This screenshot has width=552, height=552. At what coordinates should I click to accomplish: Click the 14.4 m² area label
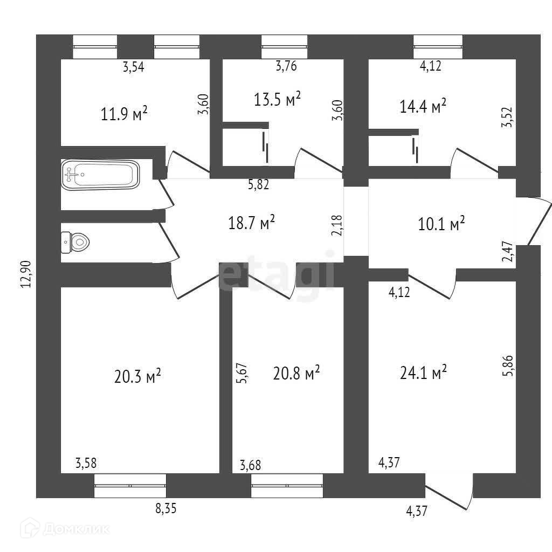(x=423, y=106)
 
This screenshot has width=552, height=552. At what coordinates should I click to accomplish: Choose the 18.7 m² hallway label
(x=252, y=222)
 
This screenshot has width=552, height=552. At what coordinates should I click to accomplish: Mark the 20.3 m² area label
(x=138, y=376)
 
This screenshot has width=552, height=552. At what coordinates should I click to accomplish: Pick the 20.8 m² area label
(x=297, y=372)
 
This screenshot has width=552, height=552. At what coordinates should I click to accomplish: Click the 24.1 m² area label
(x=424, y=372)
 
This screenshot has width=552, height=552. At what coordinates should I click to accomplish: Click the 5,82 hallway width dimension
(x=258, y=185)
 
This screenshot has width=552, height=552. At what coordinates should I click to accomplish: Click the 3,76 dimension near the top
(x=286, y=67)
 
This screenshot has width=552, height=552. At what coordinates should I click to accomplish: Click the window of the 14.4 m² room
(x=438, y=46)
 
